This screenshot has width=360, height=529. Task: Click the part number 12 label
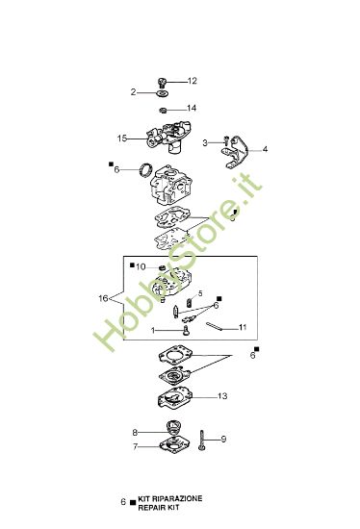tap(192, 80)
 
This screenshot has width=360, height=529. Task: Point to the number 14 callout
tap(192, 108)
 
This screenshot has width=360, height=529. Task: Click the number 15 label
tap(122, 138)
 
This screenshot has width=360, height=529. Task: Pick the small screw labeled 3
tap(222, 143)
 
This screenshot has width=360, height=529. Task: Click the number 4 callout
tap(266, 149)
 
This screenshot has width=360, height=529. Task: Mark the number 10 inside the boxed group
tap(140, 265)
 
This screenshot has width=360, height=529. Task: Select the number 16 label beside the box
tap(103, 299)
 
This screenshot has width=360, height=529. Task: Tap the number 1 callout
tap(151, 330)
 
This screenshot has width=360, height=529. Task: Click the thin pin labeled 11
tap(221, 324)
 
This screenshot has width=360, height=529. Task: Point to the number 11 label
tap(243, 327)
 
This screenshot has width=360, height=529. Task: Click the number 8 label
tap(135, 433)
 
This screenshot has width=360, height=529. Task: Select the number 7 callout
tap(135, 447)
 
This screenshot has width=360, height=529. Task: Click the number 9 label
tap(223, 440)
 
